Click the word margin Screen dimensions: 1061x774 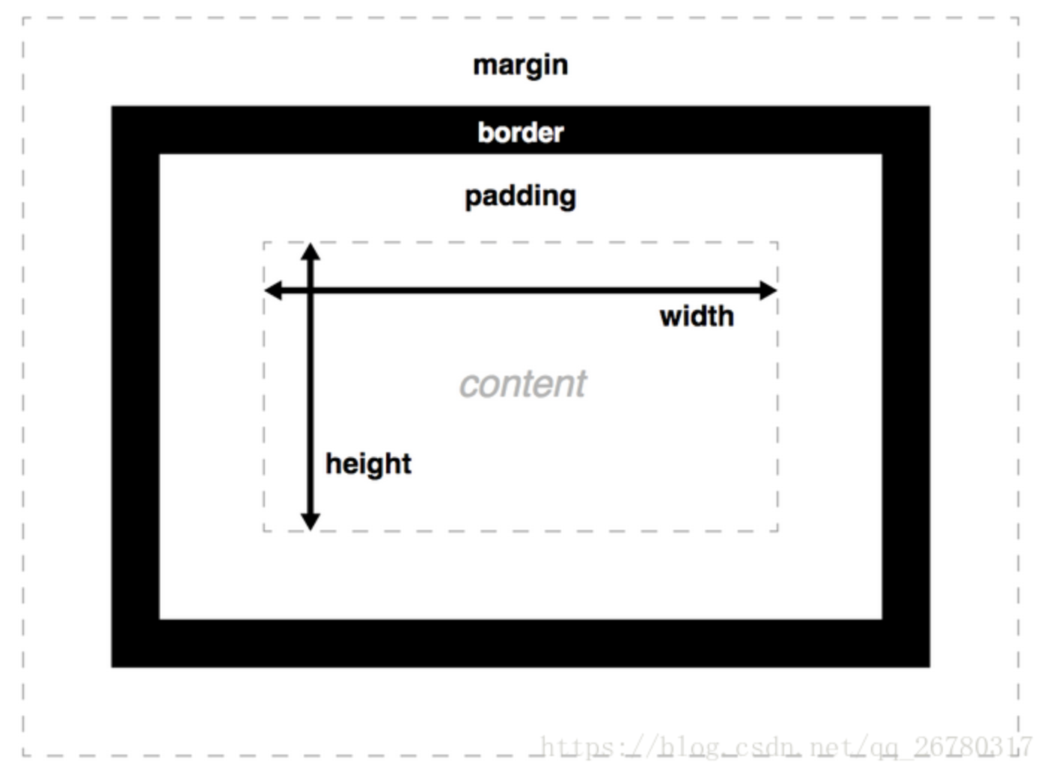click(520, 67)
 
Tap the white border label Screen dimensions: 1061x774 click(521, 132)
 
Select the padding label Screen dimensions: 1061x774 click(521, 197)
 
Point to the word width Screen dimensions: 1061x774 click(697, 316)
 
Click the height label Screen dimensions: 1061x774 click(369, 465)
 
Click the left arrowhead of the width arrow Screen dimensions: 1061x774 click(273, 290)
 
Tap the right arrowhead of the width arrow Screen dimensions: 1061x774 click(768, 290)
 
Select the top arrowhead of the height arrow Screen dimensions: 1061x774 click(311, 252)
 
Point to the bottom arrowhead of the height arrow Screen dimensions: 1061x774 click(311, 522)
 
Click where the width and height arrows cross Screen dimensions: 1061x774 click(311, 290)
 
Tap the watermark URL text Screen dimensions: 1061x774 click(786, 747)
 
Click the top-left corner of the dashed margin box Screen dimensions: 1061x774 click(23, 18)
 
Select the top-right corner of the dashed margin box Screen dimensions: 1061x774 click(1018, 18)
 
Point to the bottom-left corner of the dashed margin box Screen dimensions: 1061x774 click(23, 755)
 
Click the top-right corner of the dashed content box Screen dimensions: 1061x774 click(777, 243)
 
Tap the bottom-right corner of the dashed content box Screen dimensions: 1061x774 click(777, 531)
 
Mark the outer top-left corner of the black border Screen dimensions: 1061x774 click(111, 106)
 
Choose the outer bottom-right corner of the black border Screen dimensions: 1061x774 click(930, 667)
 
